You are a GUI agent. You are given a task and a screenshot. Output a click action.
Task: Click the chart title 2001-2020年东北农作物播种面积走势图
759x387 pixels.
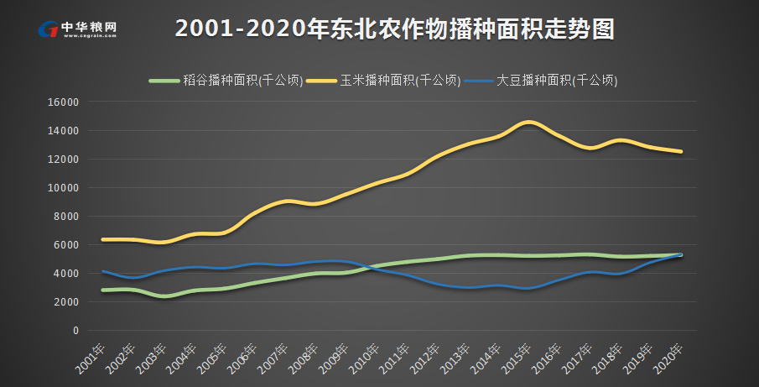[x=395, y=29]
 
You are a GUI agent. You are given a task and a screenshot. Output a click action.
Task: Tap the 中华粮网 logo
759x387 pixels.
[x=77, y=29]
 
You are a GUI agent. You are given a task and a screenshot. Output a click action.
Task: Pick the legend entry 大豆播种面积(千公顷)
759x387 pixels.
[x=542, y=81]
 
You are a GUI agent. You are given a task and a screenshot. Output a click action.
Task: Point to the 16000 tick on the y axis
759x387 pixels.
[x=65, y=102]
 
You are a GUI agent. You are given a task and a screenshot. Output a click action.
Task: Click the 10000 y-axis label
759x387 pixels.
[x=65, y=188]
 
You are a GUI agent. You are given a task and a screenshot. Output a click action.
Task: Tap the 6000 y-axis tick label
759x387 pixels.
[x=67, y=245]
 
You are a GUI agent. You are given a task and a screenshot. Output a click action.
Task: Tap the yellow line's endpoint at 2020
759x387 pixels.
[x=681, y=152]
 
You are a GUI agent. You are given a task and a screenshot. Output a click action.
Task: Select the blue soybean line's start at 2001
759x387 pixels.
[x=102, y=271]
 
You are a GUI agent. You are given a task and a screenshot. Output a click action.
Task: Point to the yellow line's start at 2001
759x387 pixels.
[x=102, y=239]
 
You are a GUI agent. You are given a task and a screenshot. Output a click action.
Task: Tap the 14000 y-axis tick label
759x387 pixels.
[x=65, y=131]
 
